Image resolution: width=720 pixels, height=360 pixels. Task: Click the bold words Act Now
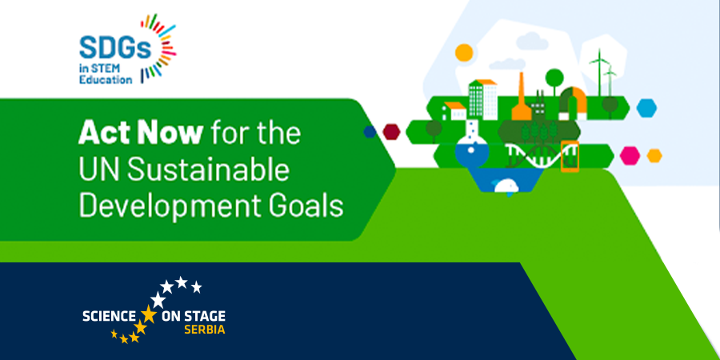click(140, 133)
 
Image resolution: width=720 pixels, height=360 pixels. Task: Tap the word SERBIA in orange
click(204, 330)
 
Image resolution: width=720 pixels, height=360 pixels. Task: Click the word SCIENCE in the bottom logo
click(109, 316)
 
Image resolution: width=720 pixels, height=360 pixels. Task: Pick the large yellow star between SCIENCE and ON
click(148, 315)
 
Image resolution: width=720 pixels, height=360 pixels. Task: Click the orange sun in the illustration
click(464, 52)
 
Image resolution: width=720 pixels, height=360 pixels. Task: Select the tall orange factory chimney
click(521, 97)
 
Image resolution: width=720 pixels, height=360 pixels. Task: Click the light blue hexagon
click(646, 108)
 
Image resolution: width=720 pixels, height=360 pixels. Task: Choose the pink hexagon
click(630, 155)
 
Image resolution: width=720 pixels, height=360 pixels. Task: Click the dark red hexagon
click(391, 132)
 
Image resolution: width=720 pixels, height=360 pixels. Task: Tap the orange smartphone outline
click(570, 156)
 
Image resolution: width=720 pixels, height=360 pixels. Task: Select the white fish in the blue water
click(506, 186)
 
